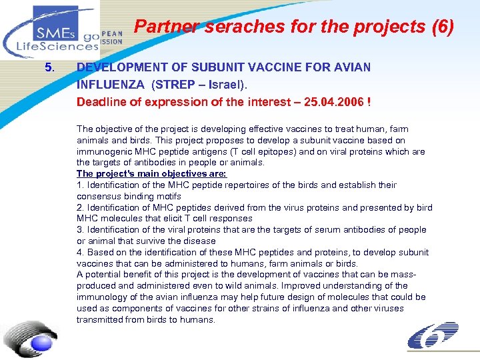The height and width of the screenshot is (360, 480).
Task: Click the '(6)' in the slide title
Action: pyautogui.click(x=442, y=27)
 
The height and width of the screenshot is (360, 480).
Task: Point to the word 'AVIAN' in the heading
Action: pyautogui.click(x=351, y=67)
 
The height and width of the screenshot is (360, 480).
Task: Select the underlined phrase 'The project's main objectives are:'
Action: pyautogui.click(x=151, y=173)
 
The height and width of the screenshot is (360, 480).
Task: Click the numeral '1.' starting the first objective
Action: pyautogui.click(x=80, y=185)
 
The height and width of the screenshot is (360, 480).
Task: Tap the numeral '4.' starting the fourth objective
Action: pyautogui.click(x=80, y=252)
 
